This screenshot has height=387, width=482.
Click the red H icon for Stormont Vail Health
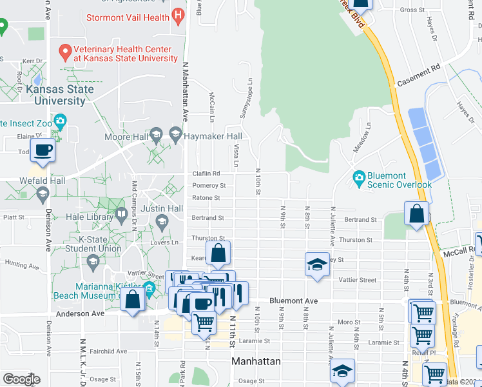click(x=179, y=16)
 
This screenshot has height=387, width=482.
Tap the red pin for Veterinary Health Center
click(x=64, y=50)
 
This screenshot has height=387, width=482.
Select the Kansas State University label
click(x=59, y=95)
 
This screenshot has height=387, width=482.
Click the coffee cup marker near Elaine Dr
click(x=43, y=150)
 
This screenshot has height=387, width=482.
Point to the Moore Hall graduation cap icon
click(x=155, y=135)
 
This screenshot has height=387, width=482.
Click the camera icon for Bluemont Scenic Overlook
click(x=358, y=176)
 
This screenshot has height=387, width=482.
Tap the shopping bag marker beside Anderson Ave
click(x=133, y=300)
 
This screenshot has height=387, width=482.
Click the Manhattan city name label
click(x=256, y=361)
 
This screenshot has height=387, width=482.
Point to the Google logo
click(x=21, y=379)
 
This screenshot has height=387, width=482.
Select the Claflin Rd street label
click(x=206, y=174)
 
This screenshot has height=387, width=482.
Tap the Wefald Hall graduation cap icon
click(x=43, y=193)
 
